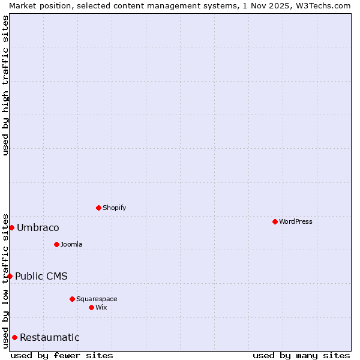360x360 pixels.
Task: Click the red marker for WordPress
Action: coord(275,221)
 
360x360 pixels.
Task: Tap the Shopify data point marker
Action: coord(98,208)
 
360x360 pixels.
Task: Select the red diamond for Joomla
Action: coord(56,244)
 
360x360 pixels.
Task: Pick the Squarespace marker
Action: coord(72,299)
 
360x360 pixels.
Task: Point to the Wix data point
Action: coord(91,307)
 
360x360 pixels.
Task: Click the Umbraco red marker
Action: coord(11,227)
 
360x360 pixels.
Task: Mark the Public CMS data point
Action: coord(10,276)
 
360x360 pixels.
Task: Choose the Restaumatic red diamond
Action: coord(14,337)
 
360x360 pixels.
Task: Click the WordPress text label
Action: coord(296,221)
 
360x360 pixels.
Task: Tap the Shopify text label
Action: coord(115,208)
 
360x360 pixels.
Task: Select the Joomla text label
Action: coord(71,244)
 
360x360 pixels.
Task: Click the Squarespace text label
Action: coord(97,299)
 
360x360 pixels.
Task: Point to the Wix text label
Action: coord(101,307)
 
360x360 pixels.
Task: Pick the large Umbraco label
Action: coord(38,228)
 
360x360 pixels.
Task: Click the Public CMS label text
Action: coord(41,276)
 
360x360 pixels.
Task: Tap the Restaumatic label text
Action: coord(50,337)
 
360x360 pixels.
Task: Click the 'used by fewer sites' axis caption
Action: coord(62,355)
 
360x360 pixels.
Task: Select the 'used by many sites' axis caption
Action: coord(301,355)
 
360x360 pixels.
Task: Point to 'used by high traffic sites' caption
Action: coord(5,85)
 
